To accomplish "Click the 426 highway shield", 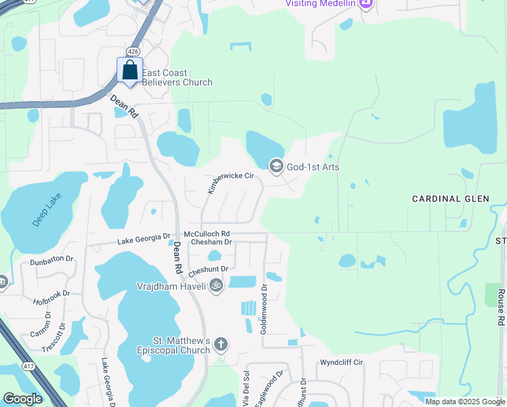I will [134, 52].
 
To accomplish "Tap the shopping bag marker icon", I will [129, 71].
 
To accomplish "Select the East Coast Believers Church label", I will [178, 77].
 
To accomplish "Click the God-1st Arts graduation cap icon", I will [276, 166].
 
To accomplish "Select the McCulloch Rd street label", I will [207, 233].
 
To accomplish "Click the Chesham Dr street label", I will [211, 242].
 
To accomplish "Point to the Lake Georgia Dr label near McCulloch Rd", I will [144, 239].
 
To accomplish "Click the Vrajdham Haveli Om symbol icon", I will [216, 285].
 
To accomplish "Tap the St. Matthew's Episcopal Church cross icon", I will [220, 345].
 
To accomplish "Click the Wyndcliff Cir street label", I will [342, 363].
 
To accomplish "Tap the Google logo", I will [22, 398].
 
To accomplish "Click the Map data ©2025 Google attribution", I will [465, 402].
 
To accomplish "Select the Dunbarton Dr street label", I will [52, 260].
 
